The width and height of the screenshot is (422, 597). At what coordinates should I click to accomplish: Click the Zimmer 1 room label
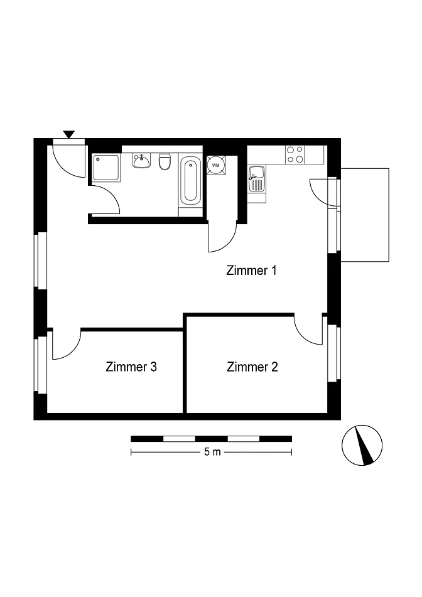251,271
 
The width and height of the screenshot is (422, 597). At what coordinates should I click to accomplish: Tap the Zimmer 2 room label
252,367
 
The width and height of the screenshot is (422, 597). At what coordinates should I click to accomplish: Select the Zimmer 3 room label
131,367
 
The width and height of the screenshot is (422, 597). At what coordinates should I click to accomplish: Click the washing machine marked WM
216,165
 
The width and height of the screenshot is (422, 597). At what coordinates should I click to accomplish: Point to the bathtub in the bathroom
190,181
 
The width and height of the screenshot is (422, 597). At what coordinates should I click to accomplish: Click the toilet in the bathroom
165,161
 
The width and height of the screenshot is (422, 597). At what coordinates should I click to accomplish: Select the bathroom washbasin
142,161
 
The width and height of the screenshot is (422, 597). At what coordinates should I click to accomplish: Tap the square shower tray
106,168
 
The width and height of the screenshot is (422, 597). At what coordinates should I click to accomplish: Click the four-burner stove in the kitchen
295,154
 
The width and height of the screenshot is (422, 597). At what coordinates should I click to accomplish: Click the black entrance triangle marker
69,134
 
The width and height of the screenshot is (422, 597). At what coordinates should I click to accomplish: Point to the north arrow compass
362,445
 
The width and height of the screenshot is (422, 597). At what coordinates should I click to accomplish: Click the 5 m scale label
212,452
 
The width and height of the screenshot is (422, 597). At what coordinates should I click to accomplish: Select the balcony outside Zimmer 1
365,215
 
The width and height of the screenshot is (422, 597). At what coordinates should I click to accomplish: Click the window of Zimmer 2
334,353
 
